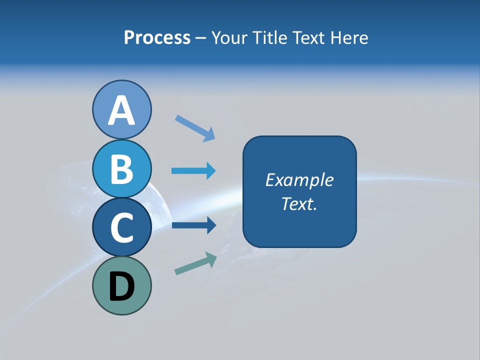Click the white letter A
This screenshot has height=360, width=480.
pos(121,110)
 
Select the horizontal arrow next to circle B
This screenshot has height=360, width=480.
pos(193,171)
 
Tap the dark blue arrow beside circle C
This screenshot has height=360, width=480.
pos(193,225)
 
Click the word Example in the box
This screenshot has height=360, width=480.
pos(299,180)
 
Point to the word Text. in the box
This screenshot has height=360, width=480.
pos(299,203)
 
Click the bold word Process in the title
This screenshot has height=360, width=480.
pos(157,37)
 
